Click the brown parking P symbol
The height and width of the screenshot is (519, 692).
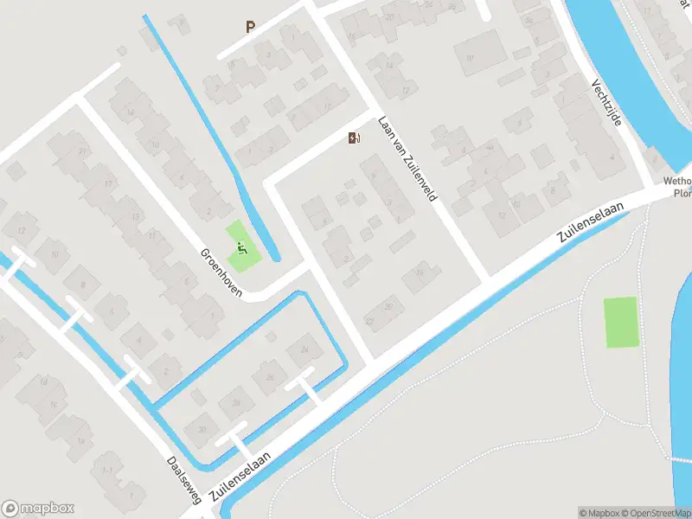coord(250,27)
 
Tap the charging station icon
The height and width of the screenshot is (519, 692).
coord(353,138)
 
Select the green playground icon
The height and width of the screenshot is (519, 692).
coord(242,251)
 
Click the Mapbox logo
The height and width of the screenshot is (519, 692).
coord(38,509)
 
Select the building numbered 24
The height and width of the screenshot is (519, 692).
coord(303,350)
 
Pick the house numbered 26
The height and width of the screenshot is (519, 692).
coord(270,376)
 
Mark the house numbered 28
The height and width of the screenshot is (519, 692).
coord(235,402)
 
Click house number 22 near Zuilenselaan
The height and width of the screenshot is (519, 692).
coord(369,322)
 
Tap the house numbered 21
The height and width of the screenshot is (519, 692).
coord(83,152)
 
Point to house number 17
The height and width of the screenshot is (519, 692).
coord(108,183)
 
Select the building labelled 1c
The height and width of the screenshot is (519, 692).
coord(54,404)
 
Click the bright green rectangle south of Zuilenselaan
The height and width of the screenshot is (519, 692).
coord(620,322)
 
